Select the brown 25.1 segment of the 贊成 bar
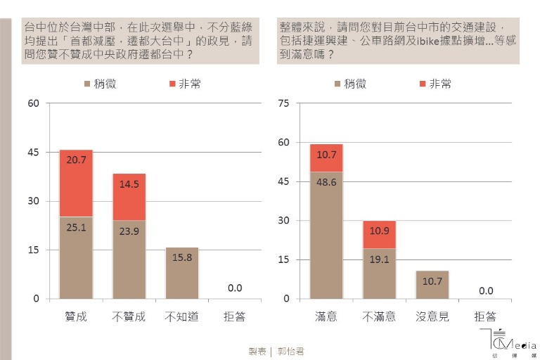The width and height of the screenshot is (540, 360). [76, 257]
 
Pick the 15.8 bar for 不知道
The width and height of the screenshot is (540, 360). [182, 273]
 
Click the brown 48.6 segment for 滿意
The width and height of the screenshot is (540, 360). [326, 235]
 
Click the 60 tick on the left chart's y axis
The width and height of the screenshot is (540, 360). [34, 103]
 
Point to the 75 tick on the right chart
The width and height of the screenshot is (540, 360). [284, 103]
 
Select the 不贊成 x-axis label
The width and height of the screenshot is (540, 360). [129, 317]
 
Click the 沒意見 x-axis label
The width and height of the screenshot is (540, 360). [432, 317]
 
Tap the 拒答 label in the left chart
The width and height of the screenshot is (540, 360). [235, 317]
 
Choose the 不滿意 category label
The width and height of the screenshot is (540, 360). [380, 317]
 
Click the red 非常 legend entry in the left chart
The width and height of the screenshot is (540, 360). [185, 84]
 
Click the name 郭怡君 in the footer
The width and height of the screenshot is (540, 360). [289, 351]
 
